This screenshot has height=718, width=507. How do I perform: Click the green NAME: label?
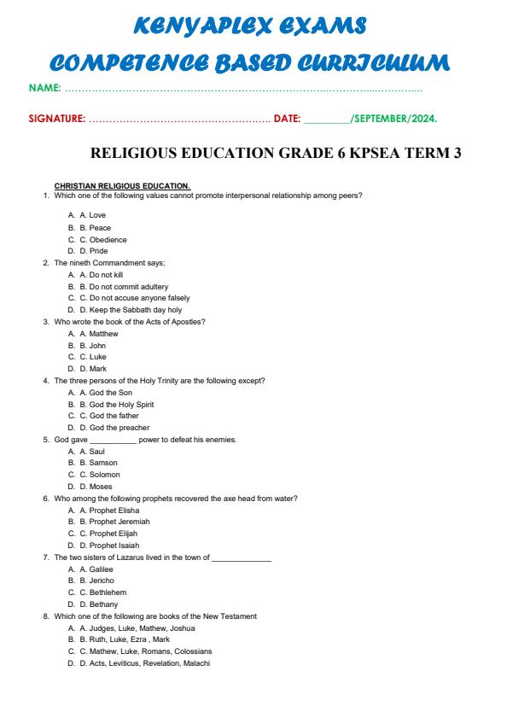point(44,89)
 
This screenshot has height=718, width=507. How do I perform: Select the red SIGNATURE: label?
point(56,119)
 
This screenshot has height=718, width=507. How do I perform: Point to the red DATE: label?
point(287,119)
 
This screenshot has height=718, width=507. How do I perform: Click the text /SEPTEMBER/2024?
point(393,119)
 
